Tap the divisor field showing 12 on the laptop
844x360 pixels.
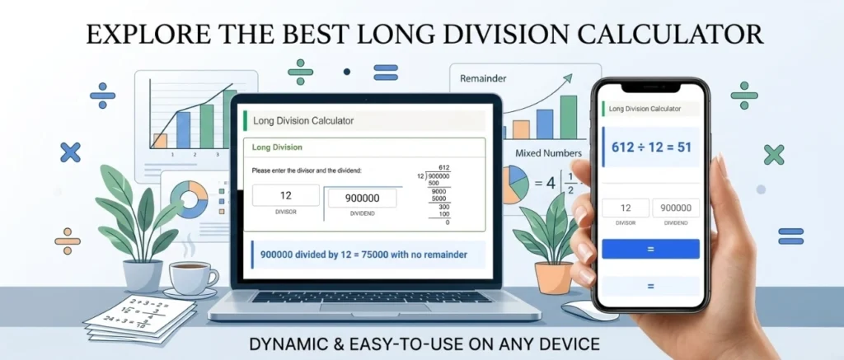[285, 196]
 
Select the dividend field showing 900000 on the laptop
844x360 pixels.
[361, 198]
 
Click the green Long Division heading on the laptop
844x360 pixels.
[277, 148]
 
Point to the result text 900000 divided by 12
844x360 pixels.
[363, 255]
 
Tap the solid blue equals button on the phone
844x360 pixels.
[650, 249]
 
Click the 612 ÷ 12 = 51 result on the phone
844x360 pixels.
[650, 147]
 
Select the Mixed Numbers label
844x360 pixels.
[548, 153]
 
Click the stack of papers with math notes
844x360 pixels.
[140, 317]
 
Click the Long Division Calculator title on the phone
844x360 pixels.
[644, 108]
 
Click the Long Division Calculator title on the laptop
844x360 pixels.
[303, 121]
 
